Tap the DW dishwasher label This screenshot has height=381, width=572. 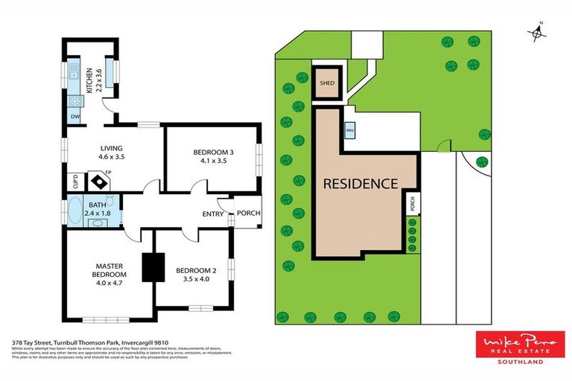[x=74, y=117]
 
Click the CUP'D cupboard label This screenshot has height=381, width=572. [x=75, y=181]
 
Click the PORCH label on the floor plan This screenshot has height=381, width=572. [x=248, y=214]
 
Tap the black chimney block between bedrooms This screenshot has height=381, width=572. [x=153, y=267]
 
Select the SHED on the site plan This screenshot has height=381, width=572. [x=328, y=83]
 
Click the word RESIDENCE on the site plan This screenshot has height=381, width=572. [x=360, y=183]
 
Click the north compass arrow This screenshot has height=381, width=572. [x=536, y=31]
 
